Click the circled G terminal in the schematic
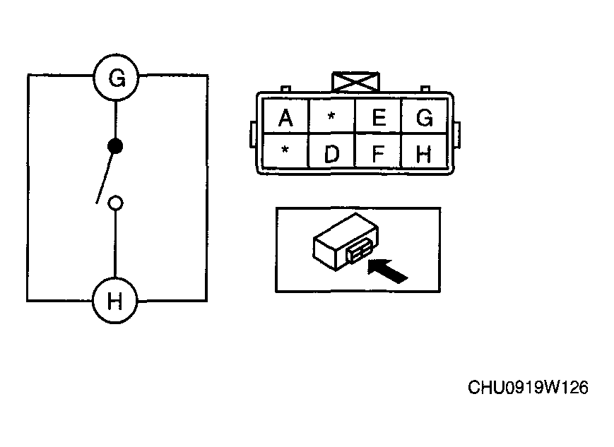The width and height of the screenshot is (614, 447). [x=116, y=77]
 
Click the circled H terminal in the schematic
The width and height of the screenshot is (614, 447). [x=114, y=301]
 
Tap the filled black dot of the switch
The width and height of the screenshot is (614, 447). [x=115, y=146]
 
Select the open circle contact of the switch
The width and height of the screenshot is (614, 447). [x=115, y=203]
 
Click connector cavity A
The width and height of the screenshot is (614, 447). [x=286, y=116]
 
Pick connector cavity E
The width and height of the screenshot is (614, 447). [x=378, y=116]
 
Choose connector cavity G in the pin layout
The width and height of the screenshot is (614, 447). [x=424, y=116]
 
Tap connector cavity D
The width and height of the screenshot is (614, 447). [x=331, y=151]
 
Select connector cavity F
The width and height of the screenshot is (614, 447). [x=378, y=151]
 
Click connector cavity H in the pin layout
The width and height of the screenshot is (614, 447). [x=424, y=151]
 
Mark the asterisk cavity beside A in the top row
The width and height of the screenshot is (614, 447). [x=331, y=116]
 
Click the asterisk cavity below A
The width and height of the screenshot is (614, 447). [x=286, y=151]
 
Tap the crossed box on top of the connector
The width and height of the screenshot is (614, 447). [x=355, y=82]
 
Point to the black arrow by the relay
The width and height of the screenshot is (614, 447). [x=388, y=271]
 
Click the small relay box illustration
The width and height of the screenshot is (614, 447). [x=346, y=242]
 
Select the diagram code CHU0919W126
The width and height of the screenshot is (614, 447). [x=528, y=388]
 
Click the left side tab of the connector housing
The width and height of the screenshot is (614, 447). [x=254, y=135]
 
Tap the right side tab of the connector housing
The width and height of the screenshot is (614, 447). [x=456, y=135]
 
